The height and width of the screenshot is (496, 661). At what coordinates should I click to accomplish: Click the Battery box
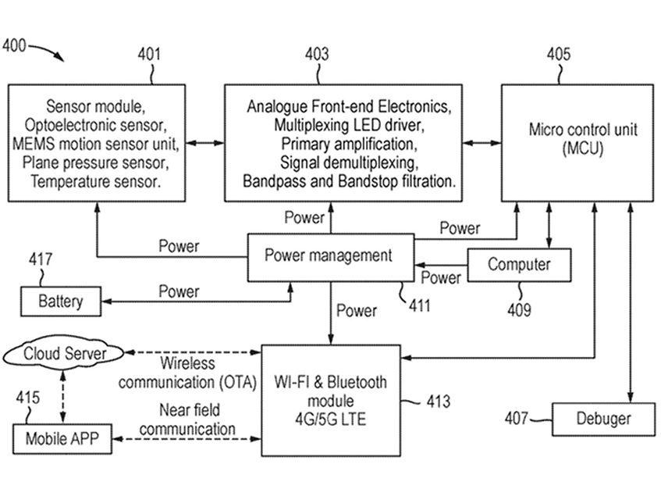point(60,301)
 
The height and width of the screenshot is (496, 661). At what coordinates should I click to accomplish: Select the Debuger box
point(603,418)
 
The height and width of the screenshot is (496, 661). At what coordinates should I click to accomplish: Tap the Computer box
point(519,265)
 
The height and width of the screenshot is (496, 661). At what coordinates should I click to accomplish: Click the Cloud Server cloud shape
point(64,355)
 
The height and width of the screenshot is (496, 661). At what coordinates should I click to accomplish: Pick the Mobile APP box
point(60,438)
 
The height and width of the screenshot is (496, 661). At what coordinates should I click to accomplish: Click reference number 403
point(316,55)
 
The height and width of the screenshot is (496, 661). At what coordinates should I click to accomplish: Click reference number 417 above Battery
point(41,260)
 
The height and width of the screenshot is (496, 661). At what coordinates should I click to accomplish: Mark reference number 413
point(438,402)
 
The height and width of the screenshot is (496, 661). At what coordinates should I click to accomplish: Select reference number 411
point(419,305)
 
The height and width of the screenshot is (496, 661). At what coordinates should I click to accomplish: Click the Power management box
point(328,255)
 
